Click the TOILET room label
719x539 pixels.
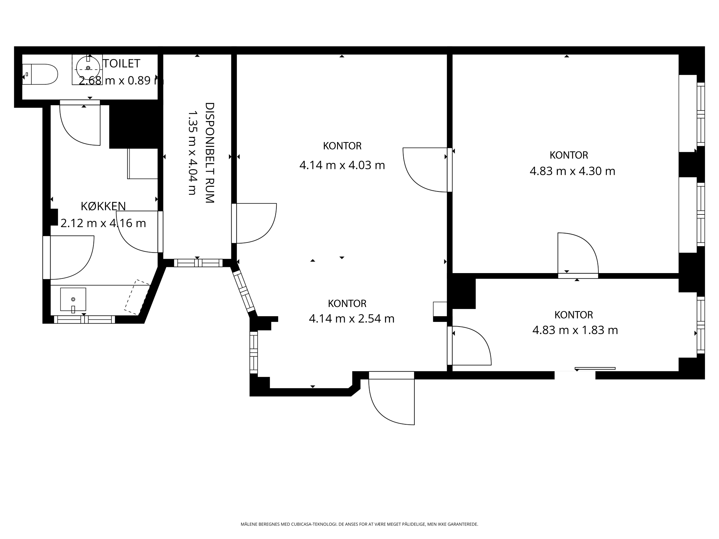pos(122,64)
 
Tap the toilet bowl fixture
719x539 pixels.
pos(40,74)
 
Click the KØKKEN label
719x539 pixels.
pos(103,206)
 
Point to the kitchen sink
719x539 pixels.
pos(73,299)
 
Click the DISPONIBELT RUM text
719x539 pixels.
pos(210,153)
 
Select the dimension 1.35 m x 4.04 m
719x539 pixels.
pos(192,153)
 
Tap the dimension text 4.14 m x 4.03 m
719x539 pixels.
pos(342,165)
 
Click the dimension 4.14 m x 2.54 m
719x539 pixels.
pos(351,319)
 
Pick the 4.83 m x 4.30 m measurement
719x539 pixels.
pos(572,171)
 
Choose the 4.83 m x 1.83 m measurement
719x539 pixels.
pos(575,330)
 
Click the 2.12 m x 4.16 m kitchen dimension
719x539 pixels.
pos(103,223)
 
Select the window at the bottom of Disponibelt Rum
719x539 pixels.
pos(198,263)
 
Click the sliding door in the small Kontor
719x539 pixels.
pos(595,369)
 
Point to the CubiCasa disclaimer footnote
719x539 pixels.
pos(359,524)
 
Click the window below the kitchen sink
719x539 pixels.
pos(85,319)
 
